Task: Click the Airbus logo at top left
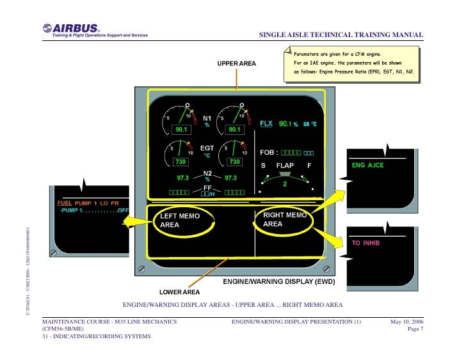point(72,29)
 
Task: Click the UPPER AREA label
point(237,64)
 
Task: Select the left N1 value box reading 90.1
point(181,130)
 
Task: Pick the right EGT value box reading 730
point(234,162)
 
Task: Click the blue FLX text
point(266,123)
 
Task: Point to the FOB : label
point(269,153)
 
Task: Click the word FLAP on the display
point(285,166)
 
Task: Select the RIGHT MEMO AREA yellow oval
point(282,220)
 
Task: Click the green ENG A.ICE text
point(367,165)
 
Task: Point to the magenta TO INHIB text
point(366,243)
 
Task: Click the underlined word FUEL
point(63,203)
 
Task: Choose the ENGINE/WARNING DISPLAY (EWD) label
point(275,281)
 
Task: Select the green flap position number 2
point(285,184)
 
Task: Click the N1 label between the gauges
point(207,118)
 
